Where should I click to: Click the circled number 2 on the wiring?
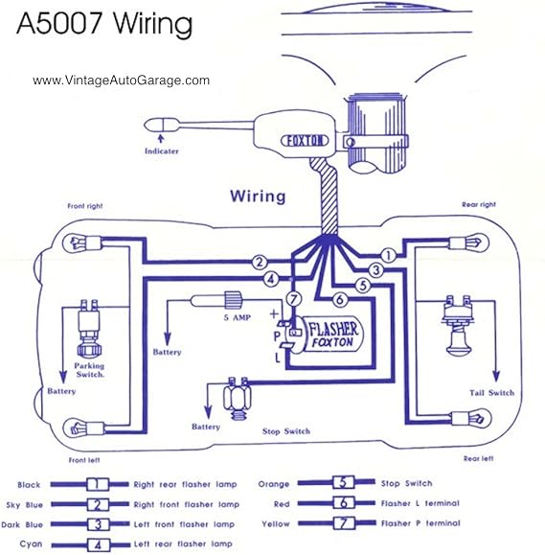(260, 263)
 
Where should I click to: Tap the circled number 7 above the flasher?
(293, 299)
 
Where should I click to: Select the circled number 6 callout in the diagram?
(339, 299)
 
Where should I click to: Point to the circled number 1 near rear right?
(388, 256)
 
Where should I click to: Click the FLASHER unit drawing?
(323, 334)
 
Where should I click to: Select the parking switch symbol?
(89, 328)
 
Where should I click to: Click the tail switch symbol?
(458, 325)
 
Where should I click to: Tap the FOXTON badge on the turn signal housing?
(305, 141)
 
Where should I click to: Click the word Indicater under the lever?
(162, 151)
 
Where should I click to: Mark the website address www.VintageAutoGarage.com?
(121, 81)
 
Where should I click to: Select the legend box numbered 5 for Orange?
(343, 482)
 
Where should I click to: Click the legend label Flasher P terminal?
(420, 523)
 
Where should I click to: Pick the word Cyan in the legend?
(31, 544)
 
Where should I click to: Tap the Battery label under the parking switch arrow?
(61, 391)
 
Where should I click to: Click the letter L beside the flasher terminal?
(278, 358)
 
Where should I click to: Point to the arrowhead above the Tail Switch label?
(496, 376)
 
